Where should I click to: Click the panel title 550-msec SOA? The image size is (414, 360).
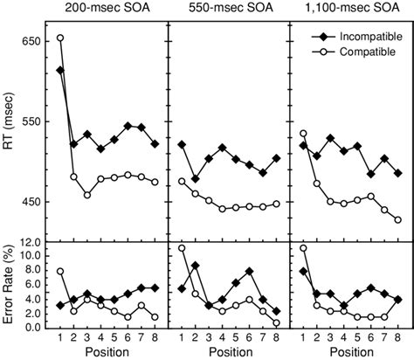click(x=228, y=8)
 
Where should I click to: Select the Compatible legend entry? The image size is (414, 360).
click(x=359, y=52)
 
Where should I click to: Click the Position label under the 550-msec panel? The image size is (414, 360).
click(x=228, y=352)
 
